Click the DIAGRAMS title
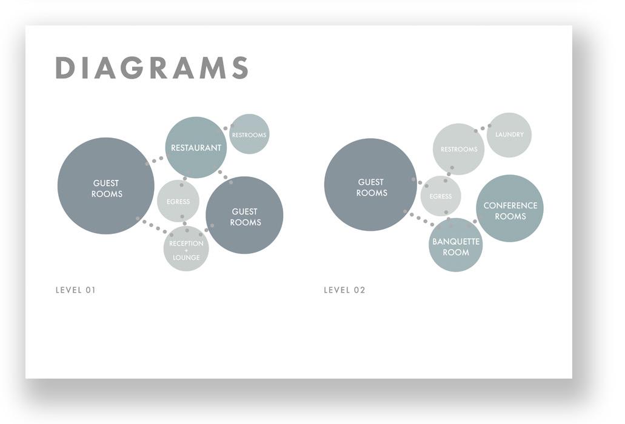pyautogui.click(x=152, y=68)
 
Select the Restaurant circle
pyautogui.click(x=196, y=147)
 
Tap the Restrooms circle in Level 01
pyautogui.click(x=249, y=134)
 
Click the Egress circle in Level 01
pyautogui.click(x=178, y=201)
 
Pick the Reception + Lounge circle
pyautogui.click(x=186, y=248)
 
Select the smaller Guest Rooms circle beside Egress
pyautogui.click(x=244, y=215)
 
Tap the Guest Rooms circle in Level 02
pyautogui.click(x=370, y=185)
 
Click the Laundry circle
pyautogui.click(x=509, y=134)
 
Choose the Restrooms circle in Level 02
pyautogui.click(x=458, y=149)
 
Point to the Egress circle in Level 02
pyautogui.click(x=441, y=196)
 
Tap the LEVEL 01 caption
pyautogui.click(x=76, y=290)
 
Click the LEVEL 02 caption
pyautogui.click(x=344, y=290)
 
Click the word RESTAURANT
pyautogui.click(x=196, y=148)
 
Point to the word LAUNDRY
pyautogui.click(x=509, y=134)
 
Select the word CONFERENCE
pyautogui.click(x=510, y=205)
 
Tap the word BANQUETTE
pyautogui.click(x=456, y=242)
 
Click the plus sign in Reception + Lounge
pyautogui.click(x=186, y=251)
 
